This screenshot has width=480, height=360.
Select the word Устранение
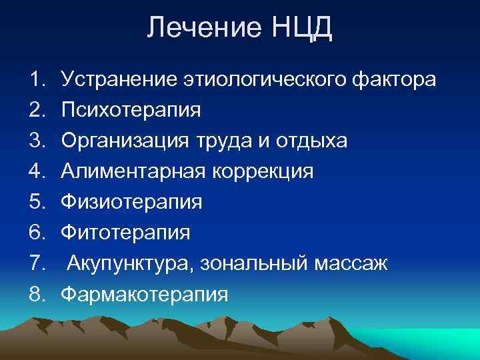click(x=119, y=81)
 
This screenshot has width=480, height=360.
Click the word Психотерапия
click(x=131, y=111)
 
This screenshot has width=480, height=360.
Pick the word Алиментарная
click(x=132, y=171)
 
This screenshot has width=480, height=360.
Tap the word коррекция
click(x=262, y=173)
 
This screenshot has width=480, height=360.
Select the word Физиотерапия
click(x=131, y=203)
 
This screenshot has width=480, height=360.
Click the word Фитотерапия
click(x=125, y=233)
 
